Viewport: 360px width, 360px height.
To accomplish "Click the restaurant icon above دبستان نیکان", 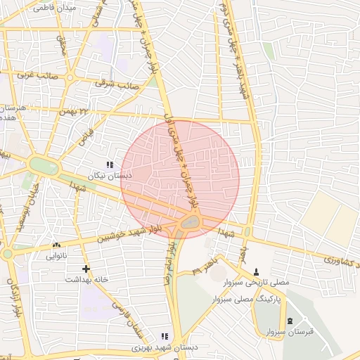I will (109, 164).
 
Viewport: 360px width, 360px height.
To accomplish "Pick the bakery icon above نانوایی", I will (56, 245).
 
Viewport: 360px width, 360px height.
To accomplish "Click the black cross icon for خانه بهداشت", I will (86, 269).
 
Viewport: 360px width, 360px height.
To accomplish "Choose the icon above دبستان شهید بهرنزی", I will (165, 337).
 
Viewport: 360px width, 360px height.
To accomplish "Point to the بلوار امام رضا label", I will (169, 264).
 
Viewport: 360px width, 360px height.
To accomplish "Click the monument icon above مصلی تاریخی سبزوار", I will (256, 271).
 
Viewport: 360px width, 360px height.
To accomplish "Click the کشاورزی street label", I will (342, 260).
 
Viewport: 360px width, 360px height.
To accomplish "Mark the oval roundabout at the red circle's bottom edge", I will (190, 223).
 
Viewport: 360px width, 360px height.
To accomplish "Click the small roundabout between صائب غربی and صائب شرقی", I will (71, 77).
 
